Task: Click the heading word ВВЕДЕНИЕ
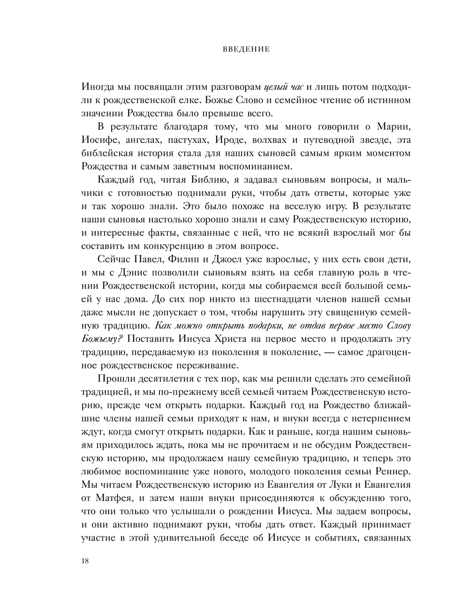(x=246, y=49)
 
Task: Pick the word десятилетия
(x=165, y=378)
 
